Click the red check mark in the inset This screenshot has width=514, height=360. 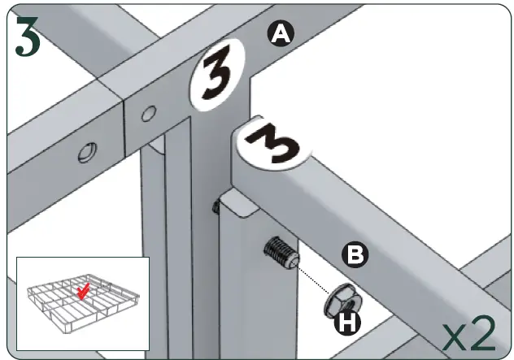pyautogui.click(x=83, y=291)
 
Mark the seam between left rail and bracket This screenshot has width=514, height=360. pyautogui.click(x=124, y=130)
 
